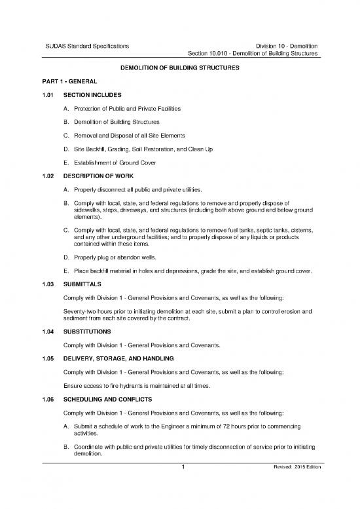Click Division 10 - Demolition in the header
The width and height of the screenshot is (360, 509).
coord(287,45)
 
